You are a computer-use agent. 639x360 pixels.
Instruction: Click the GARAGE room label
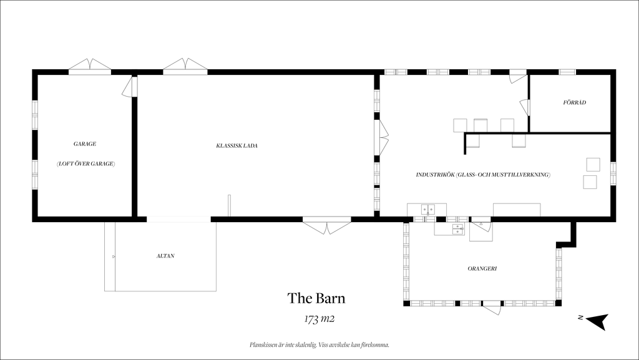pyautogui.click(x=85, y=144)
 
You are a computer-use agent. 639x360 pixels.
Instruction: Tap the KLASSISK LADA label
pyautogui.click(x=237, y=145)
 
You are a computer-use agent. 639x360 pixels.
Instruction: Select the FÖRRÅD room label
pyautogui.click(x=575, y=102)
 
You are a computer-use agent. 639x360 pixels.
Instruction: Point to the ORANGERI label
pyautogui.click(x=482, y=269)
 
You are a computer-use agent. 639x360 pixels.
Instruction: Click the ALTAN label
pyautogui.click(x=165, y=256)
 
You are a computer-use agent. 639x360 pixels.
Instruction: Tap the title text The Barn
pyautogui.click(x=316, y=298)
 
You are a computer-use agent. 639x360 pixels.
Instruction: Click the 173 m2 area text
pyautogui.click(x=319, y=319)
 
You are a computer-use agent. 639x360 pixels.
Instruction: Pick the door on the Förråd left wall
pyautogui.click(x=524, y=108)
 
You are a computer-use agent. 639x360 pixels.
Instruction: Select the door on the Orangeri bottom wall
pyautogui.click(x=492, y=308)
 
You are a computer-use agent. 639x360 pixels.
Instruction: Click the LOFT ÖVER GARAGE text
pyautogui.click(x=85, y=163)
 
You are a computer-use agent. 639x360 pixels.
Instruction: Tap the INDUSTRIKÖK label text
pyautogui.click(x=484, y=175)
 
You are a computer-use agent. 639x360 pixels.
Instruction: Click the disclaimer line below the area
pyautogui.click(x=319, y=345)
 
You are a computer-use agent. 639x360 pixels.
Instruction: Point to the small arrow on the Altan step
pyautogui.click(x=114, y=256)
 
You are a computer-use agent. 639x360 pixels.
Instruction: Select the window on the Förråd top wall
pyautogui.click(x=567, y=72)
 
